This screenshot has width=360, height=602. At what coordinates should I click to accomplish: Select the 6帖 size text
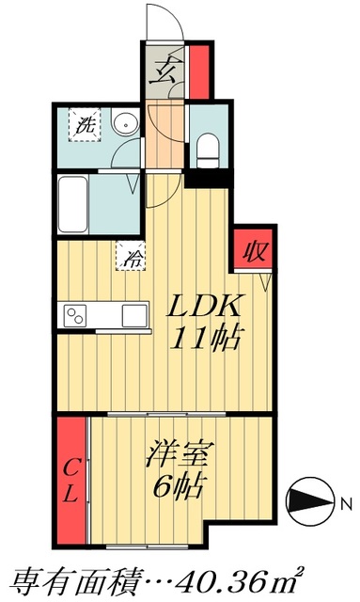click(177, 488)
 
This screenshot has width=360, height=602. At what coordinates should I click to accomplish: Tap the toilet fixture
click(208, 146)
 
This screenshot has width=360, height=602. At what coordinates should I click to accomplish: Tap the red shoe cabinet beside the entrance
click(199, 68)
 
